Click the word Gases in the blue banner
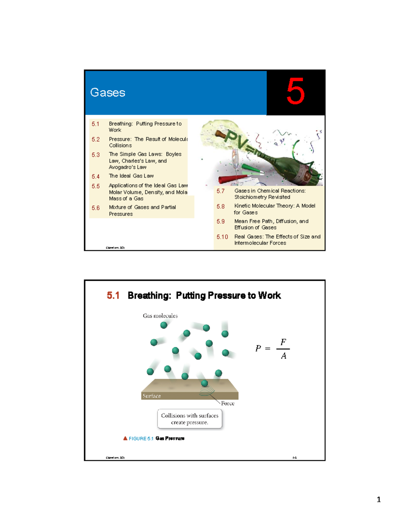[x=108, y=93]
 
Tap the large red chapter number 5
[x=296, y=92]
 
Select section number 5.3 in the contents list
[x=96, y=155]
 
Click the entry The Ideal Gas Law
[x=131, y=176]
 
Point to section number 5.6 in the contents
[x=96, y=208]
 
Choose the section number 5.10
[x=222, y=237]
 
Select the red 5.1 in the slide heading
[x=113, y=295]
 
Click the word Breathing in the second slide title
[x=149, y=295]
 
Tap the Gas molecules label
[x=160, y=316]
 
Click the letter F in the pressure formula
[x=283, y=342]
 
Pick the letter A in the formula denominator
[x=284, y=356]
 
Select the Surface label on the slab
[x=152, y=396]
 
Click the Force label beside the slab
[x=228, y=403]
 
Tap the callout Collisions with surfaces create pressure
[x=190, y=419]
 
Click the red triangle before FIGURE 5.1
[x=125, y=438]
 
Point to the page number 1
[x=379, y=500]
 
